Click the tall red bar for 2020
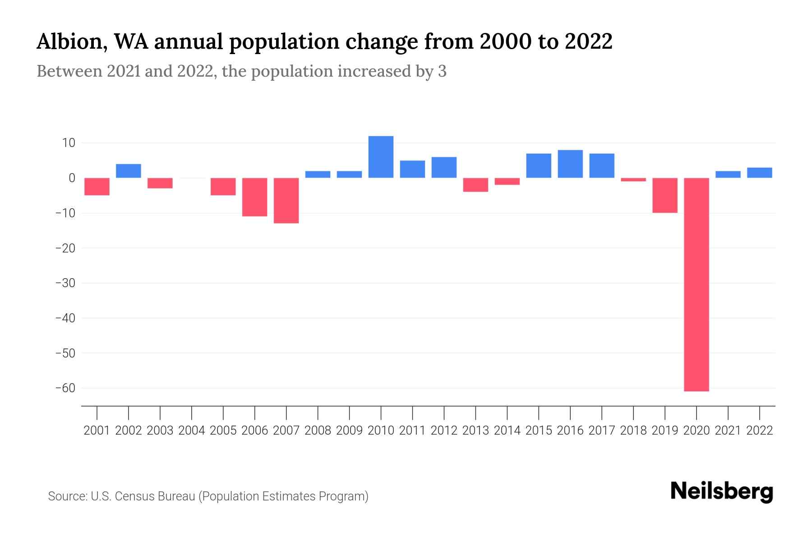[x=696, y=284]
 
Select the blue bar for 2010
[x=381, y=157]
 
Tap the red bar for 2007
[x=286, y=201]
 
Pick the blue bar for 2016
[x=570, y=164]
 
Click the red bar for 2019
[x=664, y=195]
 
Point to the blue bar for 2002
[x=129, y=171]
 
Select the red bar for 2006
[x=254, y=197]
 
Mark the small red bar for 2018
[x=633, y=179]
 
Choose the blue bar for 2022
[x=759, y=173]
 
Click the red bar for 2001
[x=97, y=187]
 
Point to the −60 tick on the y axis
[x=65, y=388]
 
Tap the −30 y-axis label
[x=65, y=283]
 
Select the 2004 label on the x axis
[x=192, y=431]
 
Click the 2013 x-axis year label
[x=475, y=431]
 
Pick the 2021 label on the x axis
[x=728, y=431]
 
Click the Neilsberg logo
[x=722, y=491]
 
